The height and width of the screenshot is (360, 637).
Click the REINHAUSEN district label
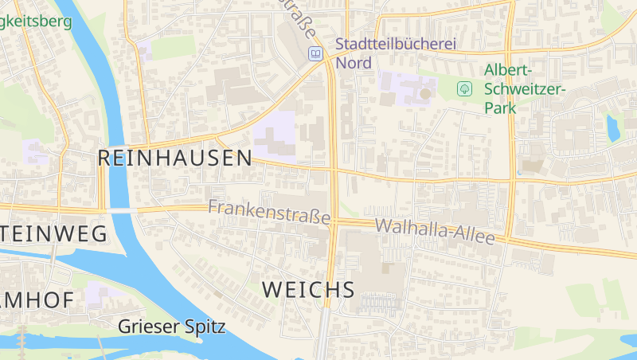[174, 158]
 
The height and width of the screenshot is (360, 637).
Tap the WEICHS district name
[307, 290]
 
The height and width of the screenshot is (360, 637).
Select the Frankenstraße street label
[268, 211]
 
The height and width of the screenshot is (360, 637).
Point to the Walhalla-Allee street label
[435, 231]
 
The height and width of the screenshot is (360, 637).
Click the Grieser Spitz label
[171, 326]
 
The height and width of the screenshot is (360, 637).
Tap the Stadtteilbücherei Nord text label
[395, 53]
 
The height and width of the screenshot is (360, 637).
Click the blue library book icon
[316, 53]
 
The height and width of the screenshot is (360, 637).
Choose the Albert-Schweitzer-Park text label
[525, 88]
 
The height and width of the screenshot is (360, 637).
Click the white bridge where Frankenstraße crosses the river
[118, 209]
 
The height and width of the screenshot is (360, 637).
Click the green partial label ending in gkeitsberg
[36, 21]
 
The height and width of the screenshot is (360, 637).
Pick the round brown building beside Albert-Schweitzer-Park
[425, 94]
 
